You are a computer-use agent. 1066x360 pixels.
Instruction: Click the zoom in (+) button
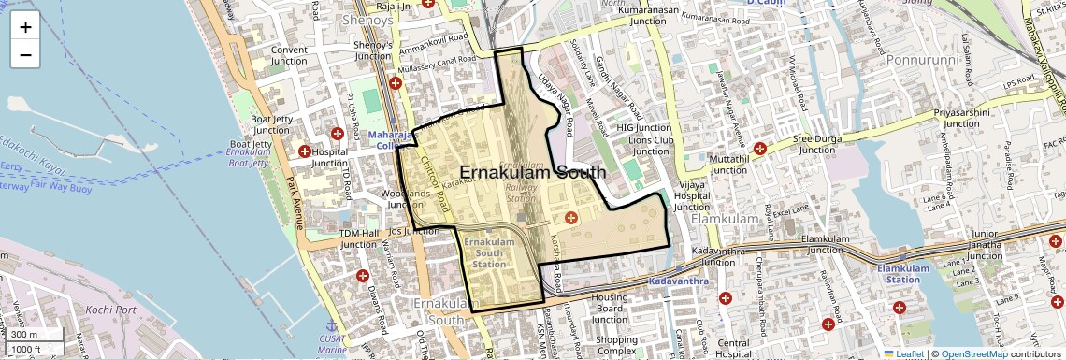(x=25, y=27)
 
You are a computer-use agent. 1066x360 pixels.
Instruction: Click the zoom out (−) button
(x=25, y=54)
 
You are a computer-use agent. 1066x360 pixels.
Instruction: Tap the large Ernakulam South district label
(x=532, y=173)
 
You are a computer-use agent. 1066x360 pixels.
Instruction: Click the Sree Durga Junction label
(x=814, y=142)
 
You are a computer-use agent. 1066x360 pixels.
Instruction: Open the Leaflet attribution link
(x=903, y=353)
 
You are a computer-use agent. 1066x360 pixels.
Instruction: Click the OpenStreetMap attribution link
(x=973, y=353)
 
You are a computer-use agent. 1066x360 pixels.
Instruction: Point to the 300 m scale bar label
(x=24, y=335)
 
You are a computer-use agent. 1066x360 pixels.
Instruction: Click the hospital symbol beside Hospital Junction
(x=304, y=151)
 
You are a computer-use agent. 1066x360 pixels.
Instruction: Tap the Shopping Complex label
(x=616, y=346)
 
